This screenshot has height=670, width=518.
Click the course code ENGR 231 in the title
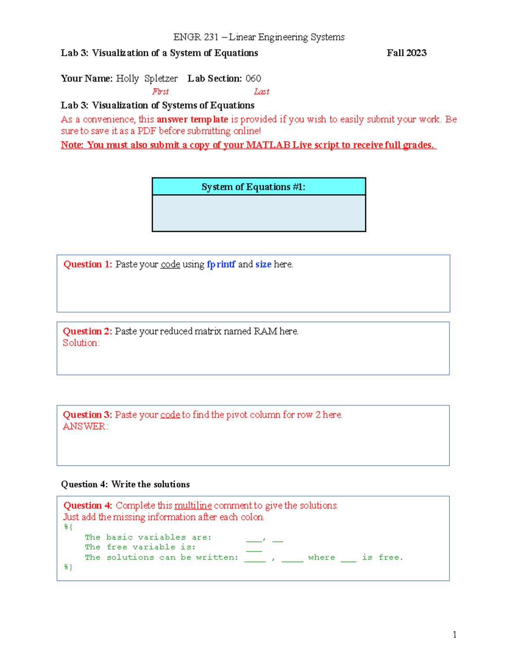pos(196,37)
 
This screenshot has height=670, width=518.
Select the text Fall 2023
pos(406,53)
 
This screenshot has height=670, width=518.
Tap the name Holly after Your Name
pos(127,79)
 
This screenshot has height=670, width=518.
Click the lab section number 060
pos(253,79)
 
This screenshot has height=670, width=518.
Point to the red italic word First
pos(160,91)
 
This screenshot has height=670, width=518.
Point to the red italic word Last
pos(262,91)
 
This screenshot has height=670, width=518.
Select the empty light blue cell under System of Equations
pos(259,213)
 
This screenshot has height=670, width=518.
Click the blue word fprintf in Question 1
pos(221,264)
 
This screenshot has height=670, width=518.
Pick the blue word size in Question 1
pos(263,264)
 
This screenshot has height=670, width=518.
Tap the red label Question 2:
pos(87,331)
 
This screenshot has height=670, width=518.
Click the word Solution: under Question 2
pos(81,343)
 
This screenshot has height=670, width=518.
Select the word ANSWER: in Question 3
pos(85,427)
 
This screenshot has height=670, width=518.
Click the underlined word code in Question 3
pos(170,415)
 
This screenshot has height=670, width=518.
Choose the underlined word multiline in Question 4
pos(193,506)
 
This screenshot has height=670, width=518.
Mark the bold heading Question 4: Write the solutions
pos(125,484)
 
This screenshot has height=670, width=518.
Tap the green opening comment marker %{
pos(68,527)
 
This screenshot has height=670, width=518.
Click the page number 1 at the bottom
pos(455,634)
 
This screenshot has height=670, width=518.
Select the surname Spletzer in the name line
pos(161,79)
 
